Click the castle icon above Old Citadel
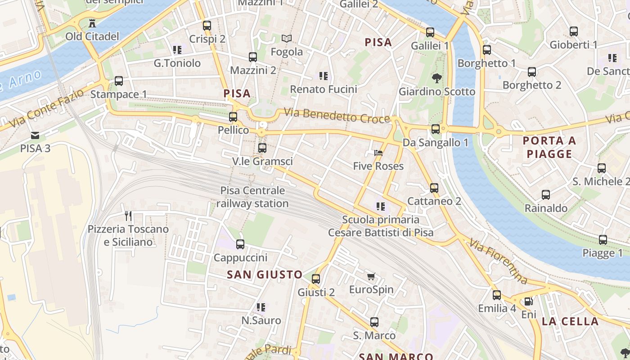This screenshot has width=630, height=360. (x=92, y=23)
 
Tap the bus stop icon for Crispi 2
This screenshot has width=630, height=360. (x=207, y=26)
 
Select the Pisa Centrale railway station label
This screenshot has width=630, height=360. (x=252, y=197)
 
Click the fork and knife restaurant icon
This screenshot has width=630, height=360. (x=128, y=216)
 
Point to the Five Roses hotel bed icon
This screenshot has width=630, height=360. (x=378, y=153)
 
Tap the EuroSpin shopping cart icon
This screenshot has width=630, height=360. (x=371, y=276)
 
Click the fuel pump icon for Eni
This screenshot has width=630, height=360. (x=529, y=301)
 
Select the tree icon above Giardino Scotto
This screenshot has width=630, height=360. (x=436, y=78)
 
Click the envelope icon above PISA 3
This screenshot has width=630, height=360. (x=35, y=135)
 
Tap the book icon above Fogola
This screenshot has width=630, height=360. (x=287, y=39)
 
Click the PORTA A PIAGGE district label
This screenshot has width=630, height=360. (x=549, y=148)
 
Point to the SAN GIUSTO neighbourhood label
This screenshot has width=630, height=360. (x=265, y=274)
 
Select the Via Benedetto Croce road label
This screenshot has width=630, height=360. (x=337, y=115)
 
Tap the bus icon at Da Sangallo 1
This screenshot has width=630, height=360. (x=436, y=129)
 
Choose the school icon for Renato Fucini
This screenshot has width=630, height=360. (x=323, y=76)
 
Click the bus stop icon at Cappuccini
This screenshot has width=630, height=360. (x=240, y=244)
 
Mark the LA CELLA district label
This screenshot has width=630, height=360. (x=570, y=321)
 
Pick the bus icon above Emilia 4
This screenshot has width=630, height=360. (x=497, y=295)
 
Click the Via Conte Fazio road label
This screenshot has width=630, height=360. (x=46, y=108)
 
